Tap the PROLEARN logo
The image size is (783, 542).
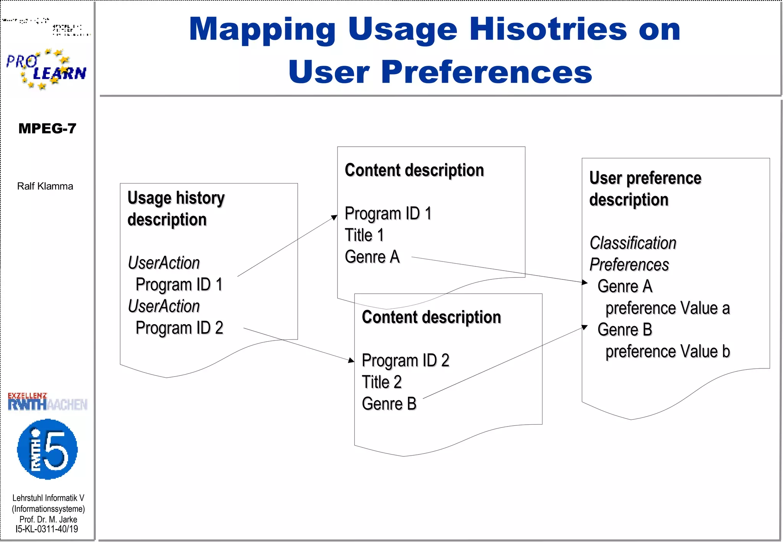pyautogui.click(x=46, y=69)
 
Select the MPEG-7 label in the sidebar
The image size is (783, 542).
pyautogui.click(x=47, y=128)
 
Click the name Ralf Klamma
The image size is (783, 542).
pyautogui.click(x=45, y=186)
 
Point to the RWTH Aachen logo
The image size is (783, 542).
pyautogui.click(x=47, y=402)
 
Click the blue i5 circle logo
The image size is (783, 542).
pyautogui.click(x=47, y=449)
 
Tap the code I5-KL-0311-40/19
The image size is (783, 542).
pyautogui.click(x=47, y=529)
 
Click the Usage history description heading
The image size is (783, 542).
pyautogui.click(x=176, y=208)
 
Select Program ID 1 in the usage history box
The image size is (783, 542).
pyautogui.click(x=179, y=284)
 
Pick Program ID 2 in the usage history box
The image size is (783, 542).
pyautogui.click(x=179, y=328)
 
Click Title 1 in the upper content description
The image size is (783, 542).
pyautogui.click(x=364, y=235)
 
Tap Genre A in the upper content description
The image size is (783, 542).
pyautogui.click(x=372, y=257)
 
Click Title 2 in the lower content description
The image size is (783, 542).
pyautogui.click(x=381, y=382)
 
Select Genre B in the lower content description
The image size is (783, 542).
pyautogui.click(x=389, y=404)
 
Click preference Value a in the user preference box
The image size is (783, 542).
pyautogui.click(x=668, y=308)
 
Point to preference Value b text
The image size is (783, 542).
pyautogui.click(x=668, y=351)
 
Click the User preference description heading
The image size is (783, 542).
pyautogui.click(x=645, y=189)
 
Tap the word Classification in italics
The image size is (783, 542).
pyautogui.click(x=633, y=243)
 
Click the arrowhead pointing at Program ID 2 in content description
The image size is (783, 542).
pyautogui.click(x=351, y=360)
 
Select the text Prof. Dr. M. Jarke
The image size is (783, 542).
pyautogui.click(x=48, y=519)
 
